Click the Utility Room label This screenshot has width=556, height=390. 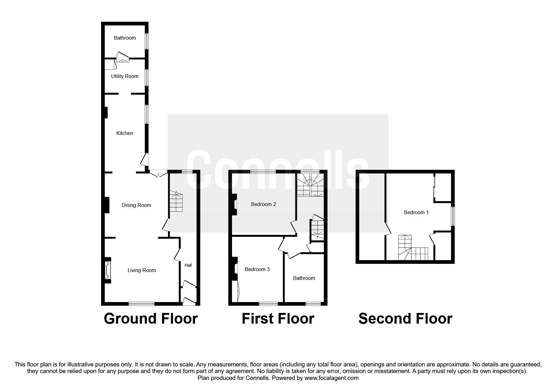125,76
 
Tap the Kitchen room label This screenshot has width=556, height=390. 125,133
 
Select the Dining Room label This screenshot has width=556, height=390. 136,205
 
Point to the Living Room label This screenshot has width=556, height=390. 142,270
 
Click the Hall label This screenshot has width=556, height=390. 188,265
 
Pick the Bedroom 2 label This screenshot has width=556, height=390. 263,204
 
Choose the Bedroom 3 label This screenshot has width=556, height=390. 257,270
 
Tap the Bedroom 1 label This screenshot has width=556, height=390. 416,213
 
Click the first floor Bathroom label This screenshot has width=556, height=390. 304,278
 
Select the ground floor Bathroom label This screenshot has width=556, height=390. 125,38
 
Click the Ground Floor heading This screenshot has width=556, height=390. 151,319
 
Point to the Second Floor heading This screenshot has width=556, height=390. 405,319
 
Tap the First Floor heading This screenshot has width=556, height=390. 278,319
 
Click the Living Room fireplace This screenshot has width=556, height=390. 107,270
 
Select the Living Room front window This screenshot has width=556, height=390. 142,304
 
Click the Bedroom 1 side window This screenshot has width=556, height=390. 452,216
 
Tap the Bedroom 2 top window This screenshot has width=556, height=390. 263,172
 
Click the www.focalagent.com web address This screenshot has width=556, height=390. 331,378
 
